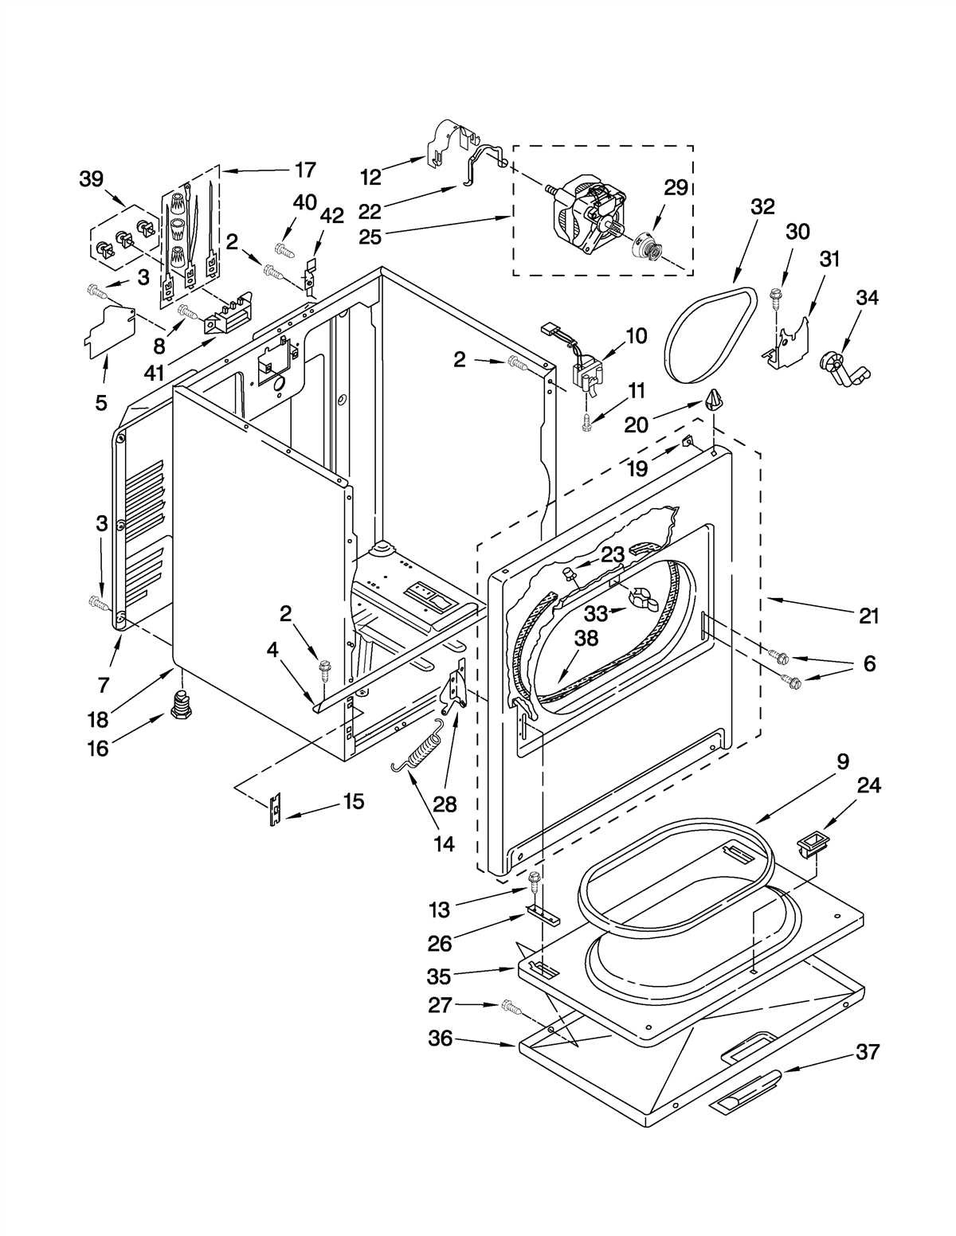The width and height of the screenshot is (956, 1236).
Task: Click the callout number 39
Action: point(92,179)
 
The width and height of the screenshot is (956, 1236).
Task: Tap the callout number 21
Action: point(868,616)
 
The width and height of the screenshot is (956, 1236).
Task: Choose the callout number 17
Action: point(305,170)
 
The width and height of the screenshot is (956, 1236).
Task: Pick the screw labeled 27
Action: point(511,1008)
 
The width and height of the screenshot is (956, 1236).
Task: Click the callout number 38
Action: point(586,639)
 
